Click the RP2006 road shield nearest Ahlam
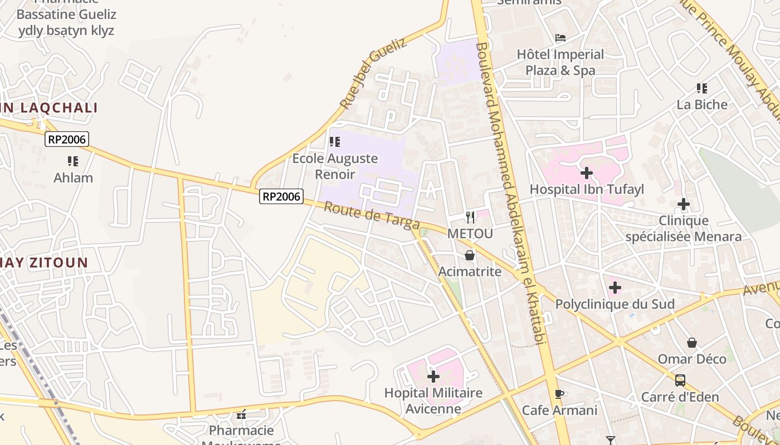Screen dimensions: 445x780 67,139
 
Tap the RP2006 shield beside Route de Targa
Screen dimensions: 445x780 281,196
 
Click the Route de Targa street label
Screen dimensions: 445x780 371,215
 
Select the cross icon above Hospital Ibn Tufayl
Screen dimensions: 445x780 586,173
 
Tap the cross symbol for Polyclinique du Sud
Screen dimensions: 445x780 615,288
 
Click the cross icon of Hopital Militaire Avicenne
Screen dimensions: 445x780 433,377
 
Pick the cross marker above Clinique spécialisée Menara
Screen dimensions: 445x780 684,204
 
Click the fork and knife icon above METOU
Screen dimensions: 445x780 470,217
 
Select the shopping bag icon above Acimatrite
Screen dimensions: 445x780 470,255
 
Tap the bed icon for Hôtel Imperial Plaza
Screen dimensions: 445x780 560,38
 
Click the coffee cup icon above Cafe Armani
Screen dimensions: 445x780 559,394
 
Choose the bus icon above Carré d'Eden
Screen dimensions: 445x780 680,380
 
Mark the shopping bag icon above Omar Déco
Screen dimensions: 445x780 692,342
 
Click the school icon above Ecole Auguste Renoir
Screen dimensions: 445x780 335,142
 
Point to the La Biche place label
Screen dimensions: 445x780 702,105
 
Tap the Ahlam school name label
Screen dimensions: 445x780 73,178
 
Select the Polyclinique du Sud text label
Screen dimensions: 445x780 615,304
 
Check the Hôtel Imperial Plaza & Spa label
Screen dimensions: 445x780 560,62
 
